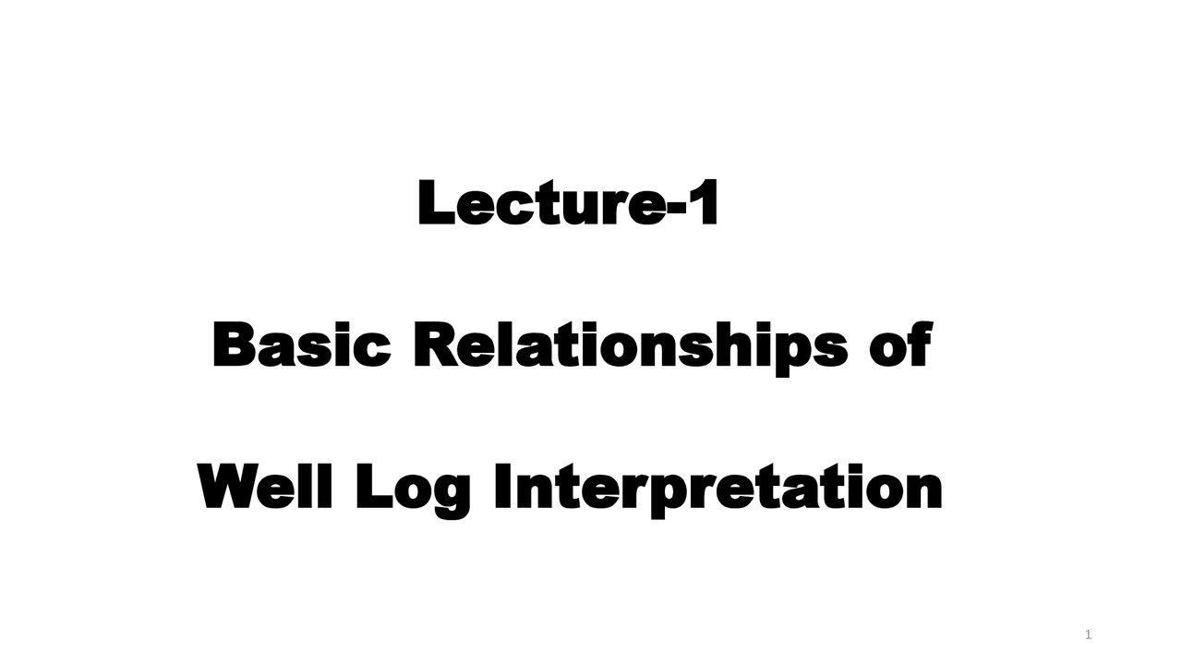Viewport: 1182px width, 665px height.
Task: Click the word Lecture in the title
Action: click(540, 204)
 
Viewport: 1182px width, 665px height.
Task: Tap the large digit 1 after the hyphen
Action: click(704, 204)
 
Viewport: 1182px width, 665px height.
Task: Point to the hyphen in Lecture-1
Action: click(676, 212)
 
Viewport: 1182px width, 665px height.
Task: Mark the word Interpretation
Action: click(718, 490)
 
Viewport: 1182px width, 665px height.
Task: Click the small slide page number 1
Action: click(1088, 635)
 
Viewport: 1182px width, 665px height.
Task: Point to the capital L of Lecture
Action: click(436, 204)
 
